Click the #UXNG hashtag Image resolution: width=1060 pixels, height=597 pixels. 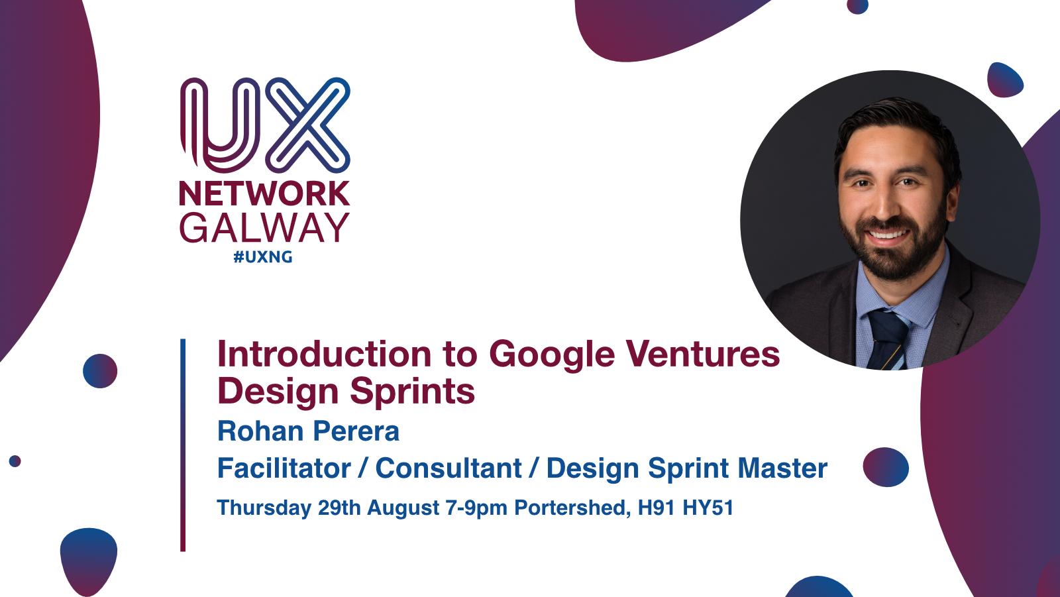coord(263,257)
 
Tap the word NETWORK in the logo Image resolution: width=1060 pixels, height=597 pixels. coord(264,193)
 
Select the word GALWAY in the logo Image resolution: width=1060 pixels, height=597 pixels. coord(264,228)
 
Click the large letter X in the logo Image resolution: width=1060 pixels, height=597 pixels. coord(307,125)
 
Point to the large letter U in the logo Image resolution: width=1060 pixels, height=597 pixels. coord(221,125)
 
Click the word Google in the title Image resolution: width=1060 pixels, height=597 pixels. coord(552,356)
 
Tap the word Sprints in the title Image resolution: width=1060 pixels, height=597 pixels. coord(412,393)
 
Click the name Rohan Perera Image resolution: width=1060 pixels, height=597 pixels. coord(308,431)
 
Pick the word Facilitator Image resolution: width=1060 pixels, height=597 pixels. coord(284,468)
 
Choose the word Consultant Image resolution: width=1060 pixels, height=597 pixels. coord(449,468)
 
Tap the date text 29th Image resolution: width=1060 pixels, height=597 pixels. coord(339,508)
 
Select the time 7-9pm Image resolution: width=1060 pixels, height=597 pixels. coord(476,508)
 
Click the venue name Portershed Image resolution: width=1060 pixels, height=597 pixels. coord(572,508)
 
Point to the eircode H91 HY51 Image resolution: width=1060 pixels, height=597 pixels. coord(686,508)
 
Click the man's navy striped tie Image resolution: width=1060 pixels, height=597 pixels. coord(887,339)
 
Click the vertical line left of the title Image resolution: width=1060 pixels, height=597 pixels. coord(183,445)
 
